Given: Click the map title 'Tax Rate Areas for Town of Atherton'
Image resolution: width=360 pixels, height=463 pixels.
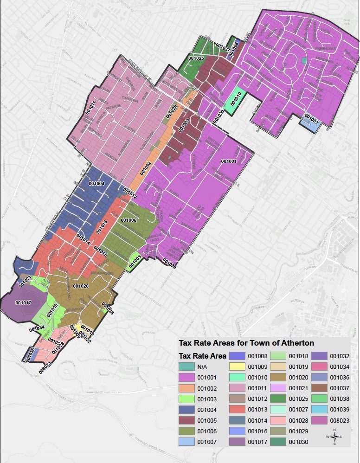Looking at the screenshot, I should click(246, 343).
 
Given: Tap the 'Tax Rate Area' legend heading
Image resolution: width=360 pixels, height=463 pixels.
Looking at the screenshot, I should click(203, 356).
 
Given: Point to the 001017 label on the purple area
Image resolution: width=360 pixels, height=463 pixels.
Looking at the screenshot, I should click(23, 302).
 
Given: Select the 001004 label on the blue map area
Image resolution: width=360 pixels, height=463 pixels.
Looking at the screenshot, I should click(96, 183).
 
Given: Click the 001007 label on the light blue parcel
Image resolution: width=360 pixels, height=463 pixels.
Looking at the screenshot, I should click(310, 121).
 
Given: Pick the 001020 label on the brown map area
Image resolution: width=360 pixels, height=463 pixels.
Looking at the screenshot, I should click(81, 286).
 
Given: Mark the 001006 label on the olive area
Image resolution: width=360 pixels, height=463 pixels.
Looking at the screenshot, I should click(129, 220).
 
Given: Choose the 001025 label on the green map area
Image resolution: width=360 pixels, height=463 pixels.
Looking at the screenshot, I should click(196, 58).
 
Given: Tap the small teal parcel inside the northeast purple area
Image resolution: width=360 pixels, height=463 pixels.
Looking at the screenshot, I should click(303, 60).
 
